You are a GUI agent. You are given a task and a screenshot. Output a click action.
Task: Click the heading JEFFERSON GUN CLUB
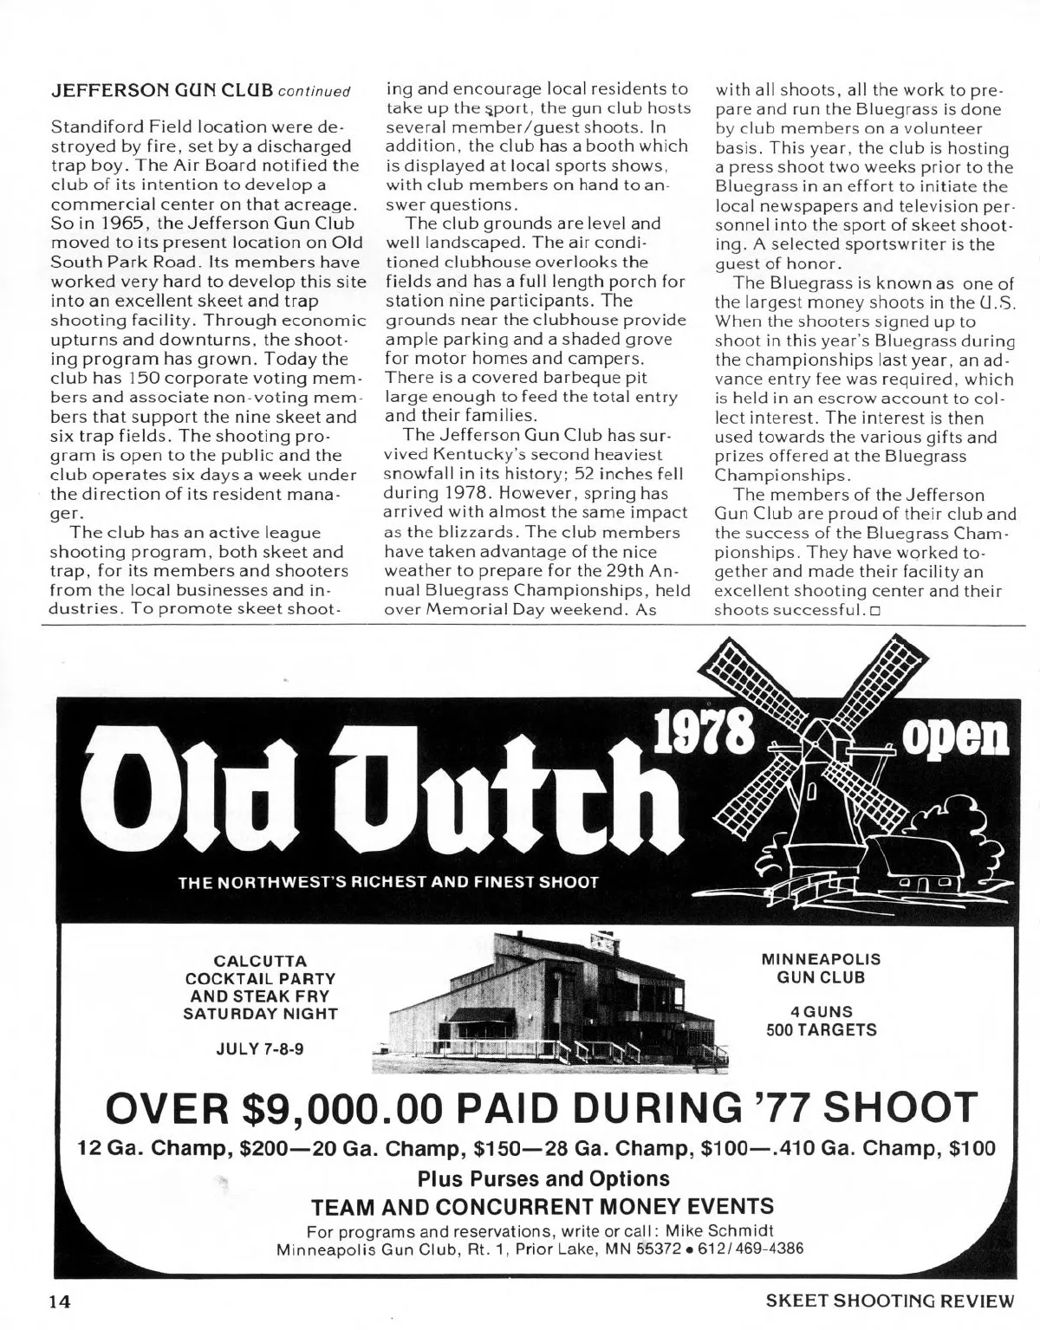pyautogui.click(x=162, y=90)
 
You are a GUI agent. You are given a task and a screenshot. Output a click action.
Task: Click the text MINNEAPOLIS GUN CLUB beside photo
pyautogui.click(x=821, y=969)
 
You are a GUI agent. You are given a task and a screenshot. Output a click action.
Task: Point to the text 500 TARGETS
pyautogui.click(x=821, y=1030)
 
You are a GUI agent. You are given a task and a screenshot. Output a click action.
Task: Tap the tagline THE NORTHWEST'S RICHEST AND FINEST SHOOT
pyautogui.click(x=387, y=883)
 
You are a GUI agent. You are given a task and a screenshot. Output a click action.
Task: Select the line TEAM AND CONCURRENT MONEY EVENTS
pyautogui.click(x=543, y=1206)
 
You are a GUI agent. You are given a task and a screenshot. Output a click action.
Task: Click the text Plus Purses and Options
pyautogui.click(x=543, y=1178)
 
